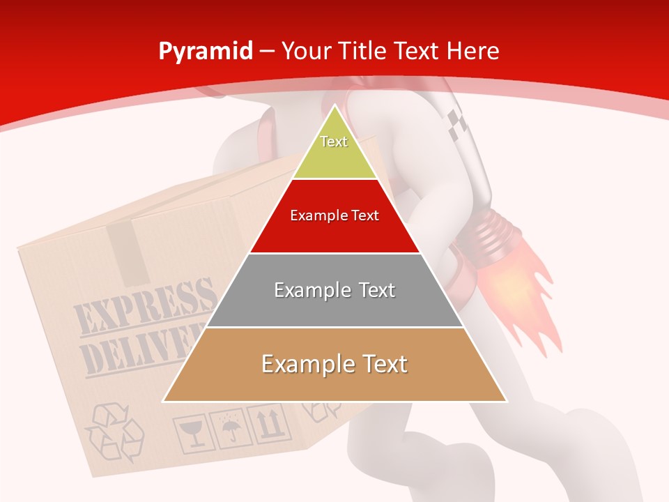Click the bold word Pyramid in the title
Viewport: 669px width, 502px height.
(205, 52)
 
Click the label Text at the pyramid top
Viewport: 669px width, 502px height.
(334, 142)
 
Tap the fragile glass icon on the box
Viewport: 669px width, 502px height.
(190, 434)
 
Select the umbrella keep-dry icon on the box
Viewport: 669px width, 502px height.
(229, 428)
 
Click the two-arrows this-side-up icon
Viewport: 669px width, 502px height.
(268, 422)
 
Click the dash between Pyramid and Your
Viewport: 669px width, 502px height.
(266, 52)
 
